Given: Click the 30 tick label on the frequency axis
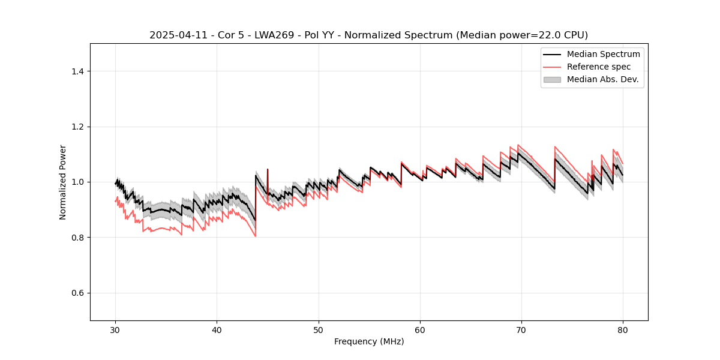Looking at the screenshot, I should pos(116,330).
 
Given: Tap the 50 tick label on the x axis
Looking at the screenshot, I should pos(319,330).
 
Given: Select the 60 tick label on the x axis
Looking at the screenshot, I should pos(420,330).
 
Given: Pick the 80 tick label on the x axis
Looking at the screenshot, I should pos(623,330).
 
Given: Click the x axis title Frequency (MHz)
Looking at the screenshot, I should pos(369,342).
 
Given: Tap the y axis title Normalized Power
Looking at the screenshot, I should pos(63,182).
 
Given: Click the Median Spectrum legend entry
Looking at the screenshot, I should pos(603,54).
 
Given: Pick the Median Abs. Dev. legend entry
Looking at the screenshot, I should pos(602,79).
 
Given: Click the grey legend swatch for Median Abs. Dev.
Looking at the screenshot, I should pos(552,79).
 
